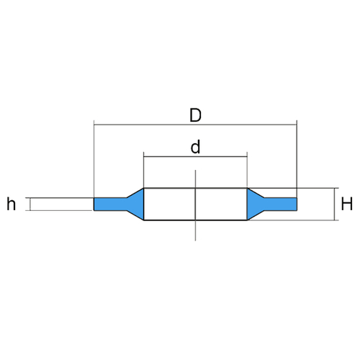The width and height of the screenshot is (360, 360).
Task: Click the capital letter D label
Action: click(x=195, y=115)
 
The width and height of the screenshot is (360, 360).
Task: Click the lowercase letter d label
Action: click(x=195, y=147)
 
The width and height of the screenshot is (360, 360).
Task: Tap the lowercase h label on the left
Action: click(x=12, y=204)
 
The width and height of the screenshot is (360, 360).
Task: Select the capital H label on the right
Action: click(x=347, y=204)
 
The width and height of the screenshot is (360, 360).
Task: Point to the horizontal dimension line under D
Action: click(x=195, y=125)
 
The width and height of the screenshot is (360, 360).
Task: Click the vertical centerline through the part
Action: click(x=195, y=205)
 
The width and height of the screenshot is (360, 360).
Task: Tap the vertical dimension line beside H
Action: click(x=334, y=204)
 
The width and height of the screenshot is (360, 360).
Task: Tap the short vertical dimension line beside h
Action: click(x=30, y=204)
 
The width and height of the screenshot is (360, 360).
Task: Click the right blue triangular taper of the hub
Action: click(x=253, y=204)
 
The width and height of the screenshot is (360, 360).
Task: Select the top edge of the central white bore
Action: click(x=195, y=188)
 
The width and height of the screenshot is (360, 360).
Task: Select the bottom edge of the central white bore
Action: click(x=195, y=220)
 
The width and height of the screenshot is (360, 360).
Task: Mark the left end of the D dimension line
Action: click(x=94, y=125)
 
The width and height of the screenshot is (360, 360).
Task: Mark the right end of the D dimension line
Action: click(x=297, y=125)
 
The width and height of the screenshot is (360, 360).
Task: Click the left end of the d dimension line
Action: click(x=144, y=156)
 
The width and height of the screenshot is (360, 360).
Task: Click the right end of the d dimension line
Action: click(x=247, y=156)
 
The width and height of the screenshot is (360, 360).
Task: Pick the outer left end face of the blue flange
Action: click(x=94, y=204)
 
